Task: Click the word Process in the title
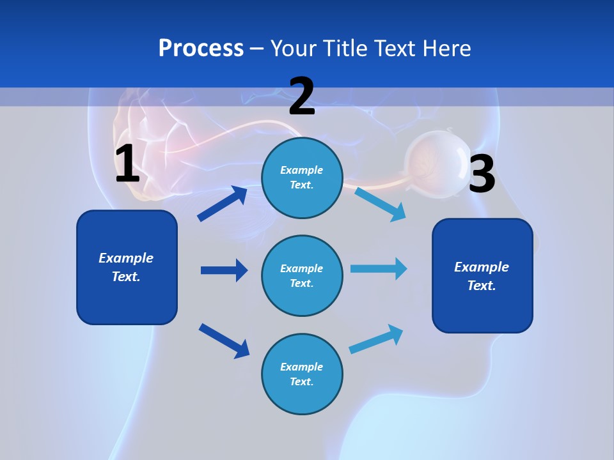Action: coord(201,49)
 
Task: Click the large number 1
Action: coord(127,164)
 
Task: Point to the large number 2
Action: coord(302,96)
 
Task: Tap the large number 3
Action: coord(482,174)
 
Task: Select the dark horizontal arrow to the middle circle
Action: coord(224,270)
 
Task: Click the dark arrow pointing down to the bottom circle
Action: coord(224,341)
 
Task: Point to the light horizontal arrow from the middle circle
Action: coord(379,269)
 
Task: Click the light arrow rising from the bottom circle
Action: coord(376,339)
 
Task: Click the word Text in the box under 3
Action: coord(481,286)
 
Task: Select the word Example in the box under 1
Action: coord(126,258)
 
